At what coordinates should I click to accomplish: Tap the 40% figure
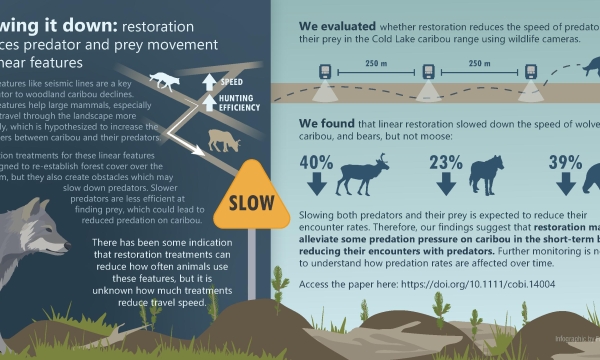316,161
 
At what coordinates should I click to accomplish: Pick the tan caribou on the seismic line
223,141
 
